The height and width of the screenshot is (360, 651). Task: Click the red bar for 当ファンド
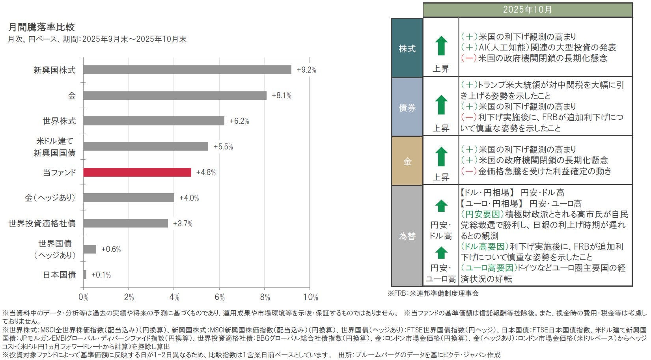pyautogui.click(x=137, y=172)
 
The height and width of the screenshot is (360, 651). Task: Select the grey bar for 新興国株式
pyautogui.click(x=187, y=70)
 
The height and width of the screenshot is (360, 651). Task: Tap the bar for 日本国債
pyautogui.click(x=85, y=275)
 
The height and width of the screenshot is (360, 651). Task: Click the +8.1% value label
pyautogui.click(x=281, y=95)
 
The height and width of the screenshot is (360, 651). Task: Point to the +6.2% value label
pyautogui.click(x=239, y=121)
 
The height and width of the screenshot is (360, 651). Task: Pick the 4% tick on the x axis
pyautogui.click(x=174, y=297)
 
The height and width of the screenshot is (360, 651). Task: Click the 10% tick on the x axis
pyautogui.click(x=310, y=297)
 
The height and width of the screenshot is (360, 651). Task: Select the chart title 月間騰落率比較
pyautogui.click(x=41, y=27)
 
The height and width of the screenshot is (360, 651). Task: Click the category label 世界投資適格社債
pyautogui.click(x=42, y=224)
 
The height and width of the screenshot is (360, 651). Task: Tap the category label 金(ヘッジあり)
pyautogui.click(x=50, y=198)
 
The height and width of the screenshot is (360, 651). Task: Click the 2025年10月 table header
pyautogui.click(x=527, y=10)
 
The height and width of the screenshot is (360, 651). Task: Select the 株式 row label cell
pyautogui.click(x=407, y=48)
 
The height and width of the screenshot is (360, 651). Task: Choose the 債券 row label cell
pyautogui.click(x=407, y=107)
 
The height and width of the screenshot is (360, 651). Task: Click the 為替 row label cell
pyautogui.click(x=407, y=236)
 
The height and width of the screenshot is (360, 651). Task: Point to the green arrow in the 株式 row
pyautogui.click(x=441, y=46)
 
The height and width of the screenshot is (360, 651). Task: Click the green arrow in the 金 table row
pyautogui.click(x=441, y=157)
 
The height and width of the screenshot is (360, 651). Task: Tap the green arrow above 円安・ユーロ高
pyautogui.click(x=441, y=253)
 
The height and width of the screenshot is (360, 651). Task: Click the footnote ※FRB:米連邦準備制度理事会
pyautogui.click(x=433, y=293)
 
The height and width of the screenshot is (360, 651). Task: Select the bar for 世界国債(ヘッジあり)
pyautogui.click(x=90, y=249)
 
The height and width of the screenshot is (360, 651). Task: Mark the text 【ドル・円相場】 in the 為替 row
pyautogui.click(x=487, y=193)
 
